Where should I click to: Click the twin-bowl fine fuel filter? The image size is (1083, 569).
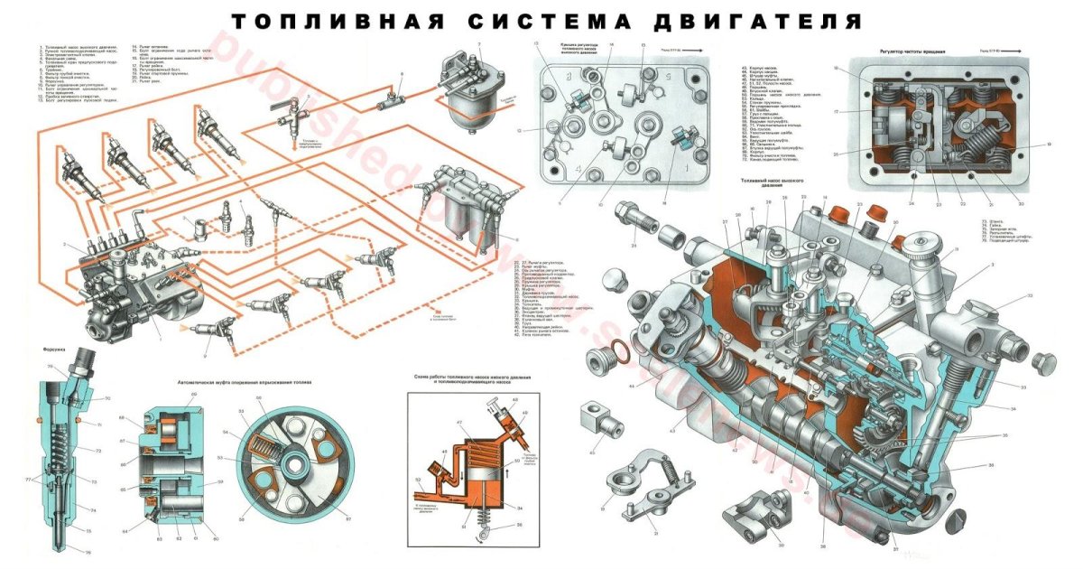point(470,199)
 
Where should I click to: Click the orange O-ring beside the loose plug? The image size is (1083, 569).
point(611,350)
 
